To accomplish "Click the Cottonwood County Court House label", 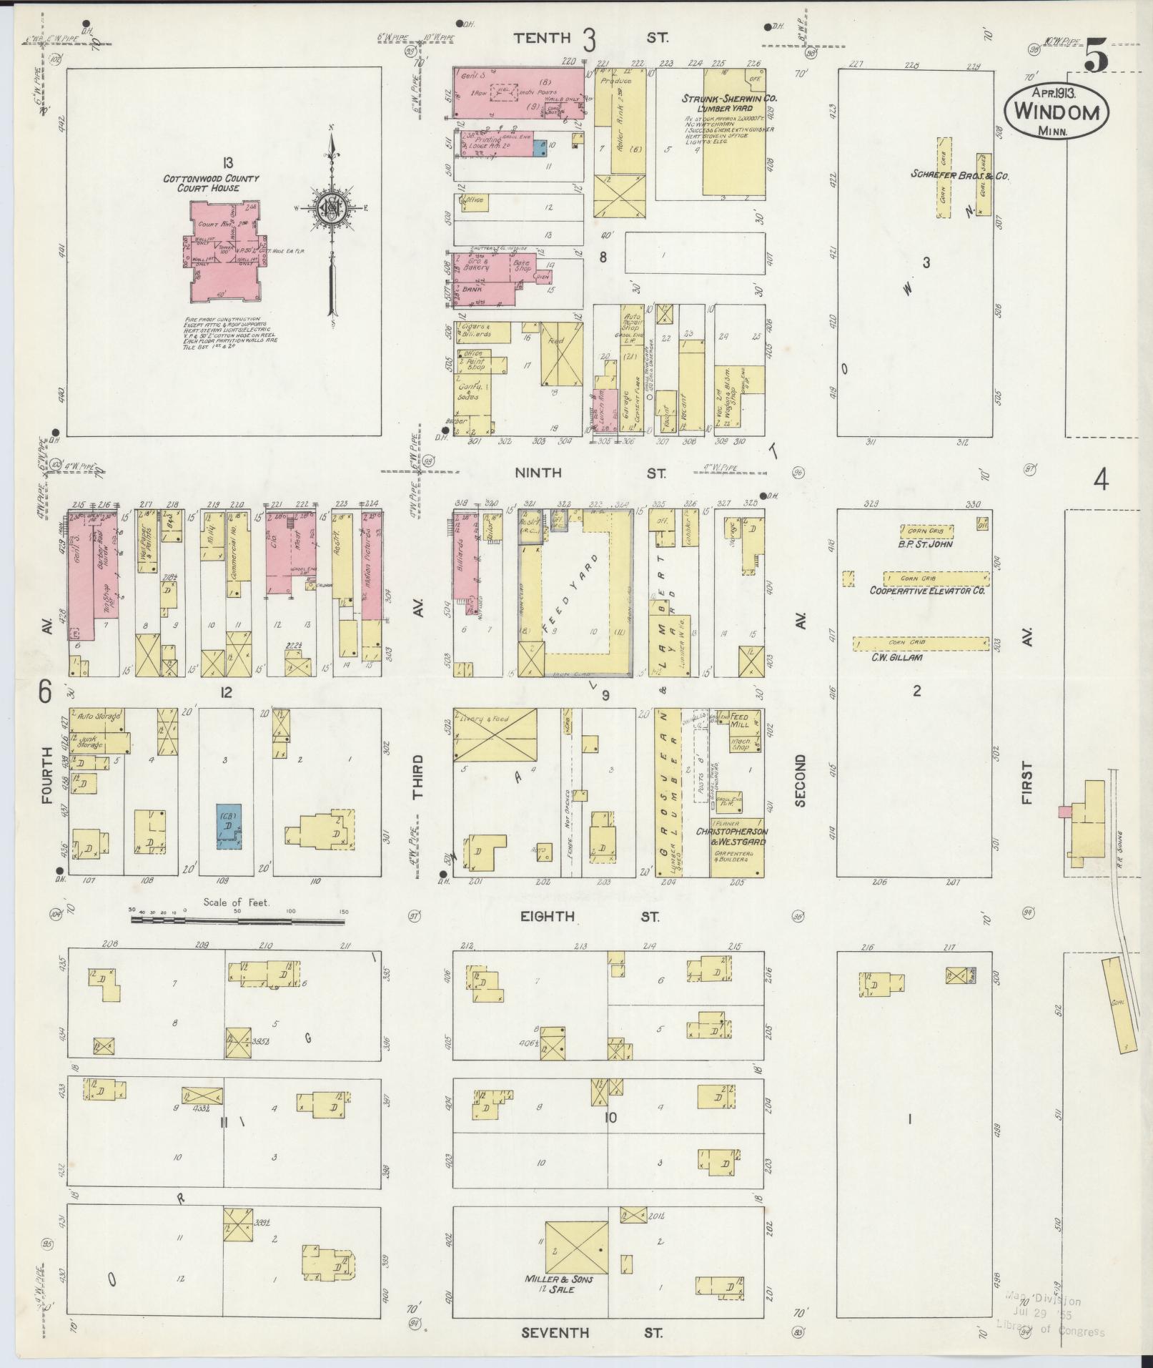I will click(211, 183).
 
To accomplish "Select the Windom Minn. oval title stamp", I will click(1056, 113).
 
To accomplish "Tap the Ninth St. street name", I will click(590, 473).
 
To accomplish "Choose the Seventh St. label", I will click(590, 1332).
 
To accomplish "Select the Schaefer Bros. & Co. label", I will click(959, 174).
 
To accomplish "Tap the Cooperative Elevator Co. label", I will click(927, 591).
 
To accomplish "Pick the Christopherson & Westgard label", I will click(732, 837).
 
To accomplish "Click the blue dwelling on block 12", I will click(229, 826).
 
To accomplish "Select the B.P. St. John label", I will click(926, 544).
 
